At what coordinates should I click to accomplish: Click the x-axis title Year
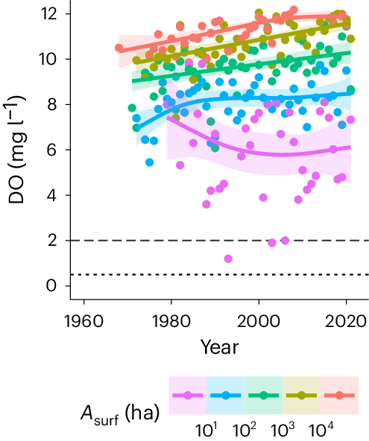point(218,346)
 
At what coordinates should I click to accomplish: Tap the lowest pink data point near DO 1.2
point(228,258)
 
